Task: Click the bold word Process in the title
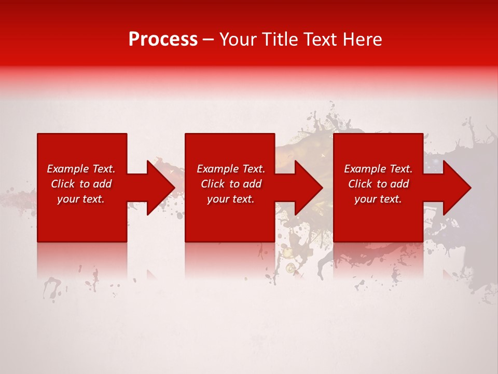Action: (163, 39)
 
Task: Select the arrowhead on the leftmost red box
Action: (159, 188)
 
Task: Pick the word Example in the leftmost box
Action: (68, 169)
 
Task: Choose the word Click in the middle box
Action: (212, 184)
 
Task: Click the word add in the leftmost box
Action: (102, 184)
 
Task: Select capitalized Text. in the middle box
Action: (253, 169)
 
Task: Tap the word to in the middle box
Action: (234, 184)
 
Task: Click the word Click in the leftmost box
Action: (62, 184)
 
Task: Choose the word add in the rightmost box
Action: (399, 184)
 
